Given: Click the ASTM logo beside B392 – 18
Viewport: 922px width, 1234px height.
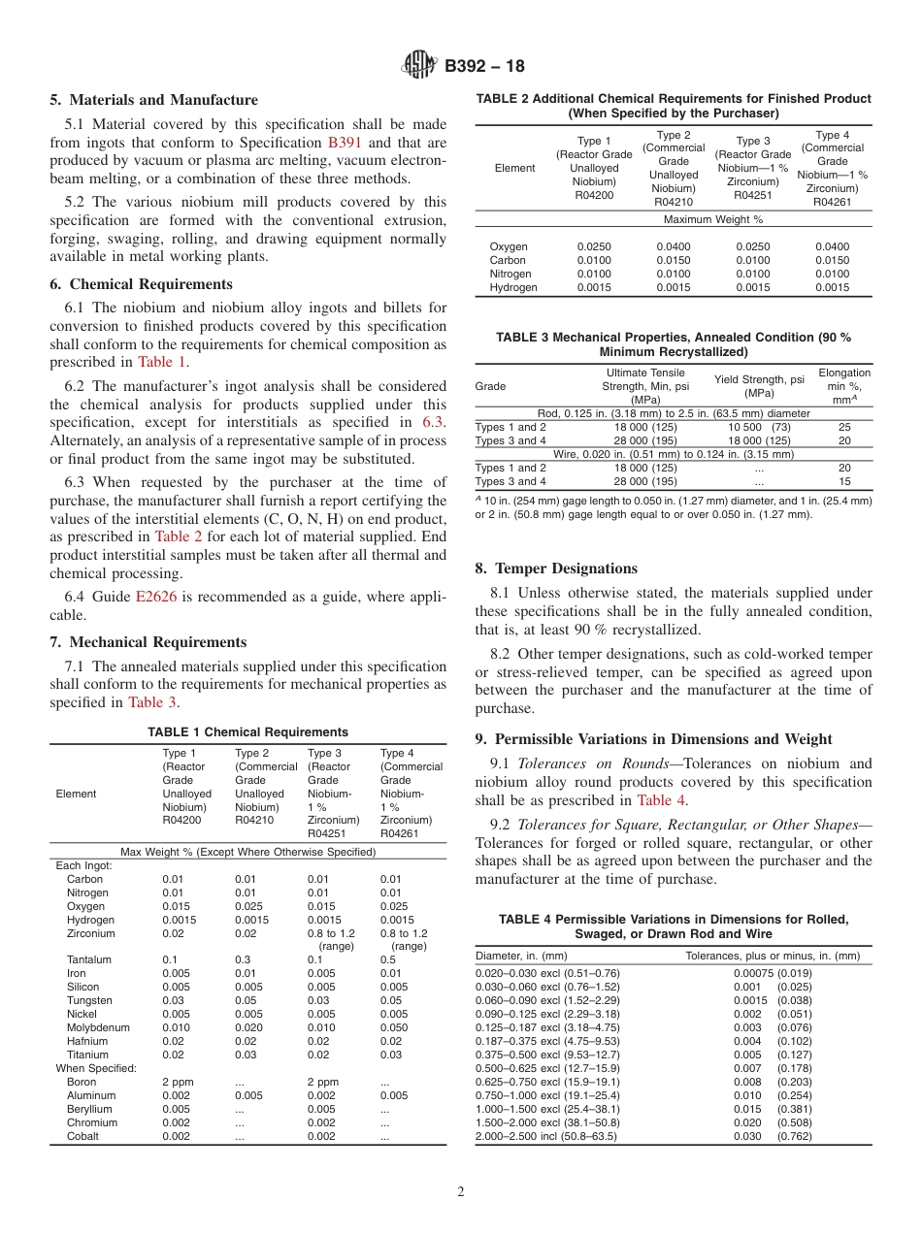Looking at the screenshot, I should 420,66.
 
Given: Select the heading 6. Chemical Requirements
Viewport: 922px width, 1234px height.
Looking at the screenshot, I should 141,284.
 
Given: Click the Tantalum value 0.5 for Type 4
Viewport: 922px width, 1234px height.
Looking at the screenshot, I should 388,959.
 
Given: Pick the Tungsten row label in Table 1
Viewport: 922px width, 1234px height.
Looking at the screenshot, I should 89,1000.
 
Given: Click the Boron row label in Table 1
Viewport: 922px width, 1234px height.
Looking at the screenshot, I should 82,1082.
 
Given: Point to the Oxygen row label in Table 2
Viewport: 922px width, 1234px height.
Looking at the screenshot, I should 509,246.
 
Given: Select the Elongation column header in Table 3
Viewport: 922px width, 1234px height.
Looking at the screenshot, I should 844,385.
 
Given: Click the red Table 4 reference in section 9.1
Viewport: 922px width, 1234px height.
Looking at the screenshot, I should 662,800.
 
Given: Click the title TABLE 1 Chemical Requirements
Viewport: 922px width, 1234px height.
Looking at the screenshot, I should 247,732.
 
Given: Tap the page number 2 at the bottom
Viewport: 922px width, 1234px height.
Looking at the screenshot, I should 461,1192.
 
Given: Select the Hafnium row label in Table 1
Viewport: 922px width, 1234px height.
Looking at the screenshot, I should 87,1041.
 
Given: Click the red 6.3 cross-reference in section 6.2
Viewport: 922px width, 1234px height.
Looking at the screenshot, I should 433,422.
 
